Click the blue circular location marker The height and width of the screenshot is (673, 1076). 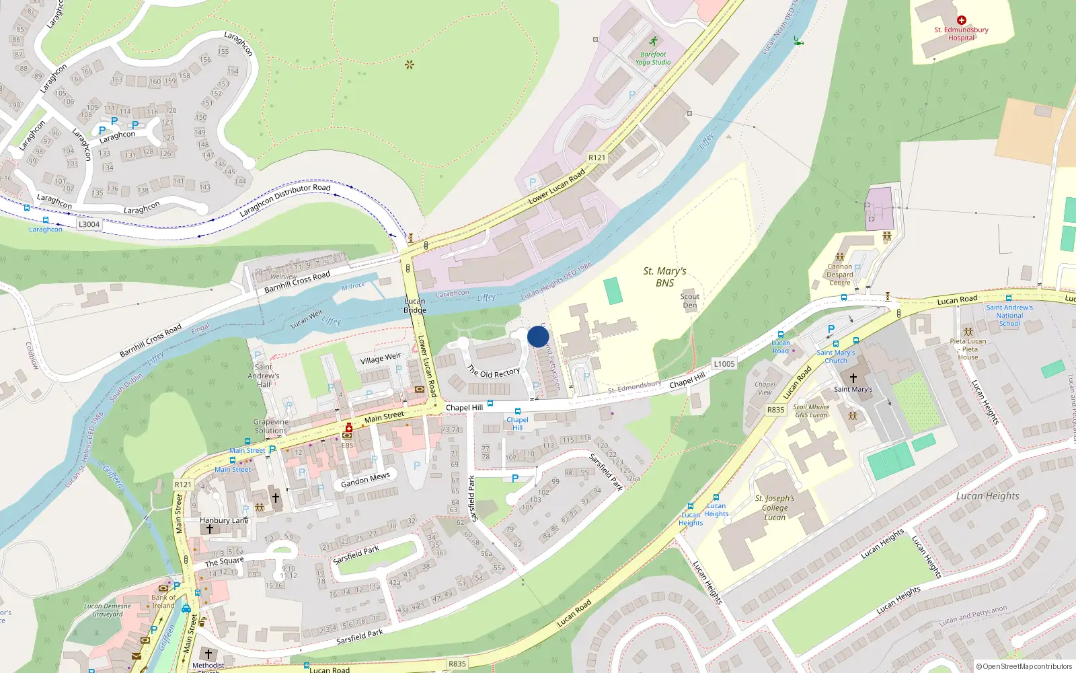coord(538,336)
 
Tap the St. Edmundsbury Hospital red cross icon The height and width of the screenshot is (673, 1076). coord(961,21)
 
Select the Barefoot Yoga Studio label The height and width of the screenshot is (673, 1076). coord(653,59)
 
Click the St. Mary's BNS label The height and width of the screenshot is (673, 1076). coord(664,277)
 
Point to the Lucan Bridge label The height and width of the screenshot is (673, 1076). coord(415,306)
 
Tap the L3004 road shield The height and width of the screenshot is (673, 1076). coord(89,225)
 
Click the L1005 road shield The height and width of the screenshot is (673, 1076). coord(724,364)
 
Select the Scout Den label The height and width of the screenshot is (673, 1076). coord(690,301)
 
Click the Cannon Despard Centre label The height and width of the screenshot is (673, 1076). coord(840,275)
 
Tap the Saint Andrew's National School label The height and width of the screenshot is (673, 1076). coord(1009,316)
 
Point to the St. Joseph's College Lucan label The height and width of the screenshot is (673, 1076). coord(775,507)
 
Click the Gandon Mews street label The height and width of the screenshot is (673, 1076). coord(365,480)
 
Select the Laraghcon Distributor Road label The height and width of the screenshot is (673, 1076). coord(285,201)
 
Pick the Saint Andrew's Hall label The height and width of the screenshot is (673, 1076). coord(264,376)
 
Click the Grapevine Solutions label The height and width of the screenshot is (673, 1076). coord(270,426)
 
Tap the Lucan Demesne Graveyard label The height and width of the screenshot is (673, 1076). coord(108,610)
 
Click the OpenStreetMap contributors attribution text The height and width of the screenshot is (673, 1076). coord(1024,666)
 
